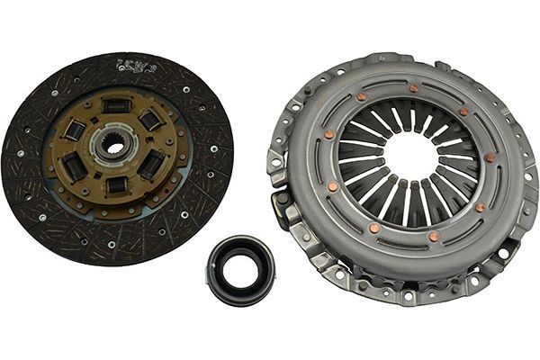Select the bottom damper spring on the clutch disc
click(x=116, y=184)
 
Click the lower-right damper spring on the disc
click(x=152, y=164)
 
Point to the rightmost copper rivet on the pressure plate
click(x=490, y=158)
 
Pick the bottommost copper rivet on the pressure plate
click(x=434, y=237)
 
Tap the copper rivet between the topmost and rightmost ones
click(x=464, y=112)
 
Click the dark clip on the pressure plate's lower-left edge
click(x=290, y=215)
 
